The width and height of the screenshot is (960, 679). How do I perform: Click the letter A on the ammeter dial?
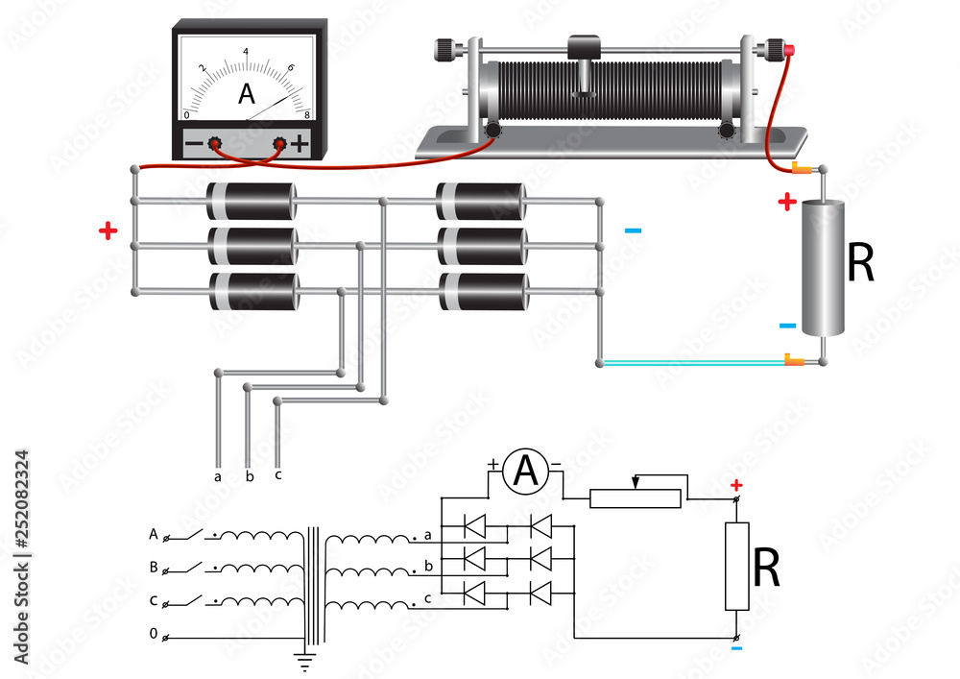[x=247, y=94]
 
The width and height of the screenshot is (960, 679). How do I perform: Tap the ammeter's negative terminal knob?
[x=216, y=144]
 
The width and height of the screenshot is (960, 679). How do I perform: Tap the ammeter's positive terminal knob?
[x=280, y=144]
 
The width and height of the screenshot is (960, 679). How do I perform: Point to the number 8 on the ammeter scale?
[x=306, y=114]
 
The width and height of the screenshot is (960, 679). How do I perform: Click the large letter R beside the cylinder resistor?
[x=861, y=265]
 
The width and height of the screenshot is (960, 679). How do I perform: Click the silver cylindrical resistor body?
[x=823, y=267]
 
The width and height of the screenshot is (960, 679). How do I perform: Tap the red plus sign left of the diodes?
[x=108, y=230]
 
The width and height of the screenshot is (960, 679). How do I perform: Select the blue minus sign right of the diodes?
[x=633, y=230]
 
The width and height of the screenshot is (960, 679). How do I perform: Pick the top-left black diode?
[x=252, y=202]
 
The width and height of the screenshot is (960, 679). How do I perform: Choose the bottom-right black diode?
[x=482, y=292]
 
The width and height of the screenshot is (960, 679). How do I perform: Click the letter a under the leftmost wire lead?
[x=218, y=475]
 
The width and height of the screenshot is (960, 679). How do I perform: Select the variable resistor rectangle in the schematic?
[x=636, y=497]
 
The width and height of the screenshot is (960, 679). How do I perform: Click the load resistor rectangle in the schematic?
[x=736, y=567]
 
